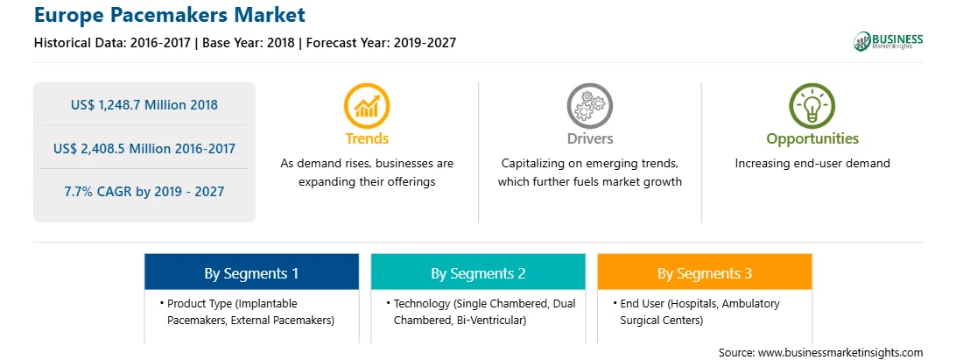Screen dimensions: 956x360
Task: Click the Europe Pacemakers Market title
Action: (170, 14)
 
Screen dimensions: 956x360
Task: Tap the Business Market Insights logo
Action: (889, 41)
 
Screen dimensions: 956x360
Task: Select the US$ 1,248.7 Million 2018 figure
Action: (144, 104)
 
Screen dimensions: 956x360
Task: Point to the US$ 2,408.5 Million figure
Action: (144, 148)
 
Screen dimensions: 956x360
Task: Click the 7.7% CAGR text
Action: (144, 192)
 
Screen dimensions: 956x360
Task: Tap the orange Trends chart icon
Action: (367, 106)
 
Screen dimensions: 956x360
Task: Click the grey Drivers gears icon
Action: (589, 106)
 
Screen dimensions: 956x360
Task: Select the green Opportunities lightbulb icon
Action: (812, 106)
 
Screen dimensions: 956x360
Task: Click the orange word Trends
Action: (367, 138)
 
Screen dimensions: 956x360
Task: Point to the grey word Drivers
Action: (589, 138)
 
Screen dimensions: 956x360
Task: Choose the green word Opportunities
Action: (812, 139)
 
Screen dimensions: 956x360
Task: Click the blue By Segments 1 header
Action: (252, 272)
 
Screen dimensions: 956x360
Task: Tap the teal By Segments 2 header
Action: (479, 272)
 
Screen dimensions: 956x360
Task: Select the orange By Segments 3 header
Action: (705, 272)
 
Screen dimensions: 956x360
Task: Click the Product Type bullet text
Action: (247, 312)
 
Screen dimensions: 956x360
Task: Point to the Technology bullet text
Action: (481, 312)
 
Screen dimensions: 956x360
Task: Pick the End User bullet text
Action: (697, 312)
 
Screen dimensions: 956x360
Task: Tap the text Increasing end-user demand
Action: (812, 164)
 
